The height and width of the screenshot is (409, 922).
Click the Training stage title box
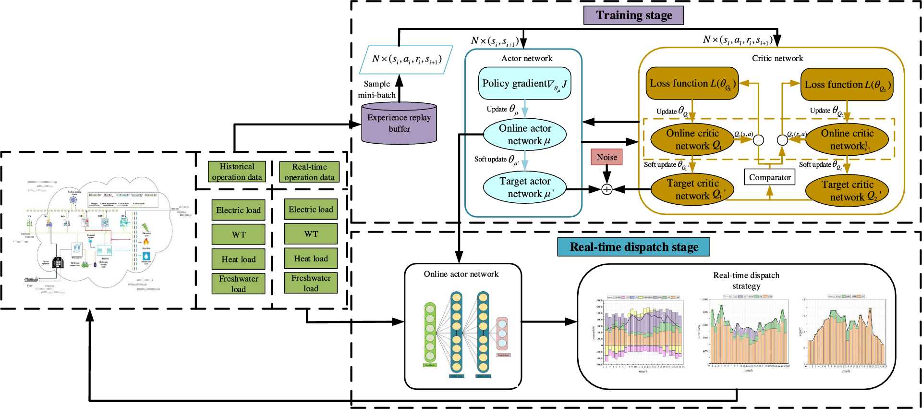tap(633, 15)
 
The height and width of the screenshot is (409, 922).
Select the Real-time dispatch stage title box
tap(633, 247)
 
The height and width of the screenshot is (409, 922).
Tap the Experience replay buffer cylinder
tap(399, 123)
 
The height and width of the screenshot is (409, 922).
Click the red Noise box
tap(607, 157)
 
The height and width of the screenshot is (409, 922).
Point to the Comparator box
tap(769, 177)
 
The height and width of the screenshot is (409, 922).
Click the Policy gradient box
tap(524, 84)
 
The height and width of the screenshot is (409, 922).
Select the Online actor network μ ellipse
tap(524, 135)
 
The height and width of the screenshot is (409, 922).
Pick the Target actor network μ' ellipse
tap(524, 187)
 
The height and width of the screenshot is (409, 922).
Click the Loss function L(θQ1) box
tap(692, 84)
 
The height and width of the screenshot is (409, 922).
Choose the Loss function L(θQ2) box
tap(847, 85)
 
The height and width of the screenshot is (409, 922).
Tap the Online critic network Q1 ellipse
tap(692, 139)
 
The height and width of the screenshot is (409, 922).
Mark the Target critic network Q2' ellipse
tap(847, 191)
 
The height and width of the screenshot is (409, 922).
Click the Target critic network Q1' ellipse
tap(692, 189)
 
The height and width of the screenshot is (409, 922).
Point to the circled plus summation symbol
tap(607, 189)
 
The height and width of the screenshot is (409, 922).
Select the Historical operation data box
tap(237, 172)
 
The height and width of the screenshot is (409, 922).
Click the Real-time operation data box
tap(309, 172)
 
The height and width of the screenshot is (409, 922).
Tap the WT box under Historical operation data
tap(238, 235)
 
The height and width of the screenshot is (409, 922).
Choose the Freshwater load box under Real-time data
tap(311, 283)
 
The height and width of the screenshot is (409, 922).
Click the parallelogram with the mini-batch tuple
tap(406, 60)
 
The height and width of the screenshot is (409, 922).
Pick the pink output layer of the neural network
tap(502, 333)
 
